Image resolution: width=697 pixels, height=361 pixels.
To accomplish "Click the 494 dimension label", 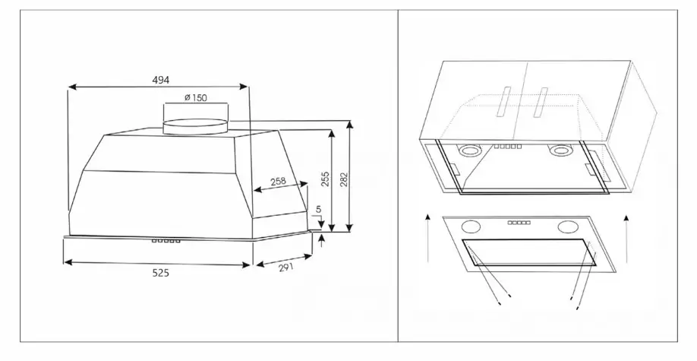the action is [x=161, y=80].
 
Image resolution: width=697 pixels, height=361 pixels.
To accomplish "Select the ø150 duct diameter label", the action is [x=196, y=98].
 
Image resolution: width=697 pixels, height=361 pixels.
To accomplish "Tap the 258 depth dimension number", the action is [x=278, y=182].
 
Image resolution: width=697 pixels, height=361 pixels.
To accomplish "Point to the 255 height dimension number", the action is [x=326, y=179].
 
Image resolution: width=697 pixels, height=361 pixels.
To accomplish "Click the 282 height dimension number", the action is [x=344, y=179].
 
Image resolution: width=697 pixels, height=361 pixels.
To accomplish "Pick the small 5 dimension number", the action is [x=318, y=209].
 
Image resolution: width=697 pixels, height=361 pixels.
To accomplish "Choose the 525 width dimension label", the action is [x=160, y=273].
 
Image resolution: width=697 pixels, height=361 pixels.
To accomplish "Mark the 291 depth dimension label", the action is [x=287, y=268].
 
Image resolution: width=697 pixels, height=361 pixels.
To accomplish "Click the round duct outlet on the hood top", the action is [x=196, y=126].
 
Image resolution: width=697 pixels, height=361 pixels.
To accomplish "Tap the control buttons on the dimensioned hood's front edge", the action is [x=166, y=241].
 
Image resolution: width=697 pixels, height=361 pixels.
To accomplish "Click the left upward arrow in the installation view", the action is [x=427, y=238].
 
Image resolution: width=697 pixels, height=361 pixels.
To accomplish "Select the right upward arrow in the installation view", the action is [x=626, y=239].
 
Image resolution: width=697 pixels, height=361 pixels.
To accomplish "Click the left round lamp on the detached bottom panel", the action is [x=471, y=226].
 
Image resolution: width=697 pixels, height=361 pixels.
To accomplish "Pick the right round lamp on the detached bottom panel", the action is [x=568, y=227].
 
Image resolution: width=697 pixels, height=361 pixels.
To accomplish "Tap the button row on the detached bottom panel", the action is [x=519, y=222].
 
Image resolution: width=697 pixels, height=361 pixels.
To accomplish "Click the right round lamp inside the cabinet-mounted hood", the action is [x=559, y=151].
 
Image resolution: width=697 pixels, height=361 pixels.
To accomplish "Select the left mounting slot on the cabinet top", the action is [x=503, y=103].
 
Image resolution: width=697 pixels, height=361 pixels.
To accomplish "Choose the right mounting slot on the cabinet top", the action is [x=540, y=103].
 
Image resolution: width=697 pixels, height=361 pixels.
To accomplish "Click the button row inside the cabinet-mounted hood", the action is [x=508, y=146].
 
